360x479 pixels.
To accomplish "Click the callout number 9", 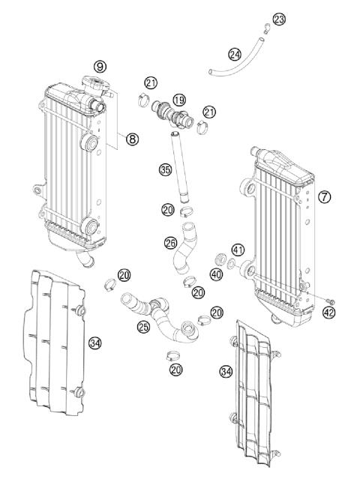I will [x=100, y=67].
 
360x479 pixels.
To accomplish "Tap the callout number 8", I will [x=133, y=138].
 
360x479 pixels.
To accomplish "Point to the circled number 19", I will [x=179, y=100].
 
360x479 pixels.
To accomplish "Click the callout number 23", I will [x=279, y=19].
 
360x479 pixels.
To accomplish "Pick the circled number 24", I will [x=235, y=54].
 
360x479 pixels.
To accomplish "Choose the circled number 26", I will [x=170, y=243].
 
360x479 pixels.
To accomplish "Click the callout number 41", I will [x=238, y=249].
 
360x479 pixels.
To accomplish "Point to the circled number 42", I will [x=328, y=313].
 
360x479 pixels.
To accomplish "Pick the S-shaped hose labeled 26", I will [x=185, y=247].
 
